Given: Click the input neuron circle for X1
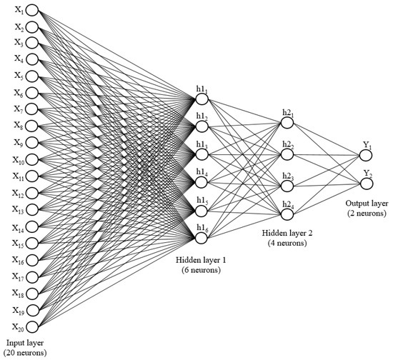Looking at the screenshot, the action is click(32, 11).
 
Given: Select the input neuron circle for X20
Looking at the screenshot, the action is click(32, 327).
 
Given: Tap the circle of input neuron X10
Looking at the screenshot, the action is click(32, 159).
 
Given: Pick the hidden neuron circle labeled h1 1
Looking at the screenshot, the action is click(202, 99).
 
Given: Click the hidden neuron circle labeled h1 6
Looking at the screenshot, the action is click(201, 239).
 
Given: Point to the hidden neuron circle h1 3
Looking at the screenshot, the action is click(202, 154).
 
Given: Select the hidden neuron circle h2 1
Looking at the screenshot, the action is click(287, 123).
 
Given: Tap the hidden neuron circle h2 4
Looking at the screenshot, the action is click(287, 214).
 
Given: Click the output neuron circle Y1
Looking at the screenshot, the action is click(366, 155).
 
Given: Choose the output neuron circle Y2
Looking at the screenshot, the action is click(367, 184).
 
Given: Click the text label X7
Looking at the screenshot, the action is click(19, 109).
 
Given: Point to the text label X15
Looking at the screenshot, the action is click(18, 244).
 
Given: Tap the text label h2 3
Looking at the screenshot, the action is click(288, 176).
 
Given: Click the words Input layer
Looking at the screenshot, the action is click(25, 343).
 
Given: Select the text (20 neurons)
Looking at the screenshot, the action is click(25, 353).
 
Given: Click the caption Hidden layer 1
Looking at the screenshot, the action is click(201, 260).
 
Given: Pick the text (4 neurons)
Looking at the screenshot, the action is click(287, 243).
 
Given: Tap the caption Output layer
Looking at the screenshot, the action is click(367, 204).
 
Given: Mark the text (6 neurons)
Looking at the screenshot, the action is click(202, 270).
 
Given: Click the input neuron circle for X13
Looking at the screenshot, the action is click(32, 209).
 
